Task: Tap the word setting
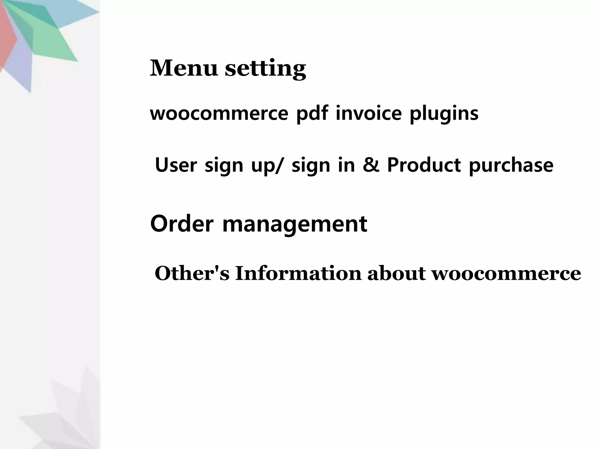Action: pos(265,69)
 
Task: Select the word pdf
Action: pos(312,113)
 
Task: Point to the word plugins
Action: pos(444,114)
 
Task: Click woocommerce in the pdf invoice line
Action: pos(219,113)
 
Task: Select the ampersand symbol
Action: pos(371,165)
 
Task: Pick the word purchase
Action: pos(511,165)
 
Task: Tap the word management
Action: pos(295,224)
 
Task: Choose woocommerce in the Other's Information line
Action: pos(506,274)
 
